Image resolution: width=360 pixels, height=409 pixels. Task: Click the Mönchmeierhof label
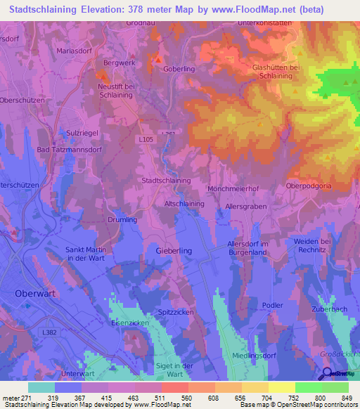(233, 189)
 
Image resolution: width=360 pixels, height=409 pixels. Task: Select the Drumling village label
(122, 220)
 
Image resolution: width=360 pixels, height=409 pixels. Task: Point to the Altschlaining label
(184, 204)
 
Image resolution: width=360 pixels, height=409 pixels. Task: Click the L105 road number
(146, 139)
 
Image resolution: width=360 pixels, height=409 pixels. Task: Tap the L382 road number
(49, 332)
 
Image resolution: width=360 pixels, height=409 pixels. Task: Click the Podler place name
(272, 305)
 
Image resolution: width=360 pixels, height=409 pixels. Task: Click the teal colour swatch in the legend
(41, 387)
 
